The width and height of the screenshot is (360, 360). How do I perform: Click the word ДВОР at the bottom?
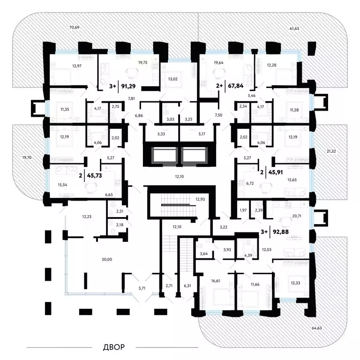point(114,347)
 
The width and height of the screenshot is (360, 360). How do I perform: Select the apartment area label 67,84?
point(236,86)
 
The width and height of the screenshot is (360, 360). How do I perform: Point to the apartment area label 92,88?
point(281,232)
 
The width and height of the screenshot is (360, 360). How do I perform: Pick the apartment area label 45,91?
point(276,172)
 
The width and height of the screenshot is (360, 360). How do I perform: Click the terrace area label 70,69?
point(74,27)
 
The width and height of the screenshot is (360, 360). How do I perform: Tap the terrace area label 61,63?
point(294,29)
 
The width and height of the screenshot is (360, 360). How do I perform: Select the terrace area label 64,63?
point(316,328)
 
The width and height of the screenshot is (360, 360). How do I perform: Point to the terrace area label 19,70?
point(27,157)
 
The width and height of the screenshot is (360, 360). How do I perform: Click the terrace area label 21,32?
point(331,151)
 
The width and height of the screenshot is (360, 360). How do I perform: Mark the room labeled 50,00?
point(107,259)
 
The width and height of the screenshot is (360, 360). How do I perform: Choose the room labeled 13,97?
point(77,66)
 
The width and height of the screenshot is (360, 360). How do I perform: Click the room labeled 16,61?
point(216,281)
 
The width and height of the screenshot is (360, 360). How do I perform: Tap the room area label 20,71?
point(297,216)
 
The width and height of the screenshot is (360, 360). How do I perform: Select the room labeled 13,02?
point(172,79)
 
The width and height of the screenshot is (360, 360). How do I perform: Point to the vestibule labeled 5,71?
point(142,288)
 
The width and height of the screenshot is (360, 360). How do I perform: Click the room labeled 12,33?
point(295,283)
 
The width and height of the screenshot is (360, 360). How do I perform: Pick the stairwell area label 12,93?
point(200,199)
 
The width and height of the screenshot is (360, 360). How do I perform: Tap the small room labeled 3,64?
point(203,254)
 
